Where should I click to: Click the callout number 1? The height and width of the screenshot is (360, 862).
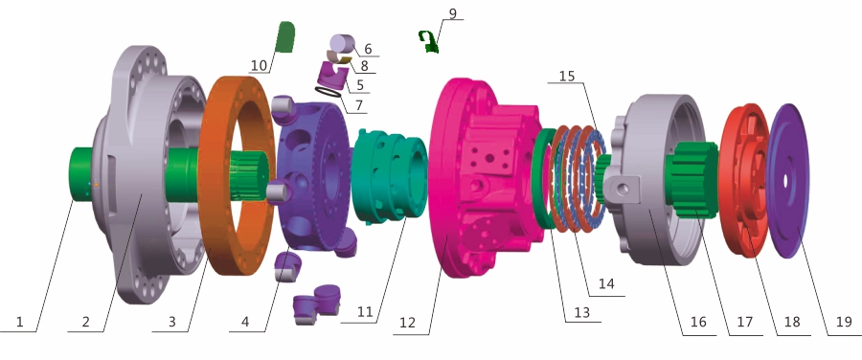coord(20,322)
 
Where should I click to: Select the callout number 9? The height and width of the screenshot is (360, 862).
coord(452,13)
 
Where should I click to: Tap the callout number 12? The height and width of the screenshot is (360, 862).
coord(407,323)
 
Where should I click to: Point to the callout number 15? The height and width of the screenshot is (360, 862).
coord(567,76)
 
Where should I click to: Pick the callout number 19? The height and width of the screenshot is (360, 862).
coord(844,322)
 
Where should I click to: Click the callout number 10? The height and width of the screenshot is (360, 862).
coord(259,66)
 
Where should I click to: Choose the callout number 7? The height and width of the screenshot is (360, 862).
coord(360,103)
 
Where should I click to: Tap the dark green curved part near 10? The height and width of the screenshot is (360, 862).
coord(284,37)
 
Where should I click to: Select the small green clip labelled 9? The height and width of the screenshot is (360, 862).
coord(428,42)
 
